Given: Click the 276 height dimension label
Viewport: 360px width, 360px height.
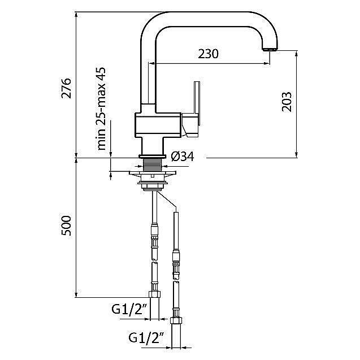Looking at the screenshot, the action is [66, 88].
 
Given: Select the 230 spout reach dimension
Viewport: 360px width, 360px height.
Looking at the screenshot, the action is [208, 54].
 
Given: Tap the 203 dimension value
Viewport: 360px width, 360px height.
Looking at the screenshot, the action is [287, 102].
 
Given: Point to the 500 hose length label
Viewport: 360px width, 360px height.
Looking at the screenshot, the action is [66, 225].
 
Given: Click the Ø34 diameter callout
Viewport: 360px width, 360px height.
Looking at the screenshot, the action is [183, 157].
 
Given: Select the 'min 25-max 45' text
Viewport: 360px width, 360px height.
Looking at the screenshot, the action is [101, 109].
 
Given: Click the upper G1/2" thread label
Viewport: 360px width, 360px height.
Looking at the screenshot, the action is [129, 310].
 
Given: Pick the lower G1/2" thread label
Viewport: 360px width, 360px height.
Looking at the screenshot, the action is [146, 338].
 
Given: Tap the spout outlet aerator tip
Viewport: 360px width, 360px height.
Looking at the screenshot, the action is [270, 49].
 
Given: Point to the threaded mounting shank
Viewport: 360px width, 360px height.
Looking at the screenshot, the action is [153, 164].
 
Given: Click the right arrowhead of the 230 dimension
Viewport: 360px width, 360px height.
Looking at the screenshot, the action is [267, 63].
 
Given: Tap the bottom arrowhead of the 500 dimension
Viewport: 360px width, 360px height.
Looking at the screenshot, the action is [76, 294].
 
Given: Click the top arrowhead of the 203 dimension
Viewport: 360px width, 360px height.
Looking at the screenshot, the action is [296, 54].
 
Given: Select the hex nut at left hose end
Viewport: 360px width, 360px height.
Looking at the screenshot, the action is [154, 294].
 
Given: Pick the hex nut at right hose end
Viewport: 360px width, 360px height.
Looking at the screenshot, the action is [176, 320].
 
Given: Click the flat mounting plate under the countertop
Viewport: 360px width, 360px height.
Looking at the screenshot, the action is [153, 173].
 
